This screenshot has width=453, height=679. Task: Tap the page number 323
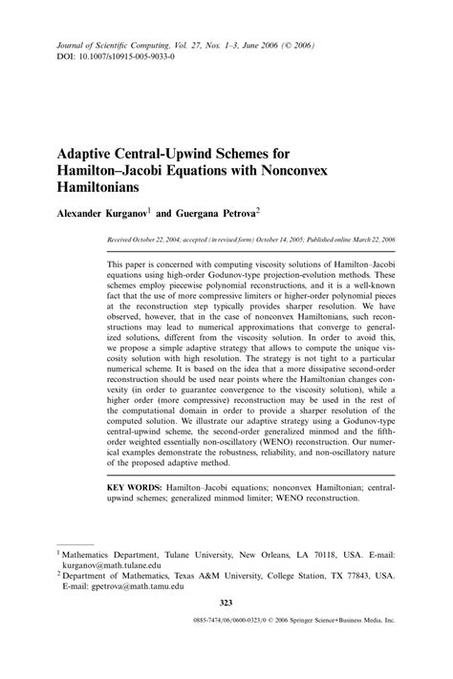coord(226,602)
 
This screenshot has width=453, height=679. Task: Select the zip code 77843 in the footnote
coord(352,576)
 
